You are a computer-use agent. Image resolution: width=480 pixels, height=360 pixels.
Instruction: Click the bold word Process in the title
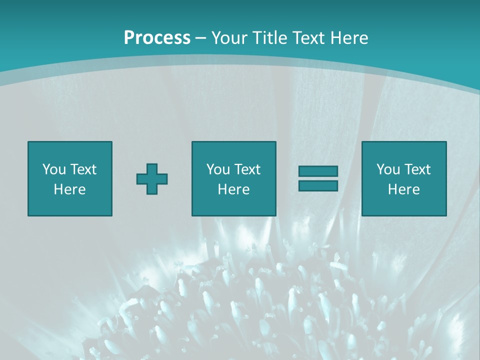coord(157,38)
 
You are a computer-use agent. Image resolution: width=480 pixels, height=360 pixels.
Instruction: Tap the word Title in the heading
coord(269,38)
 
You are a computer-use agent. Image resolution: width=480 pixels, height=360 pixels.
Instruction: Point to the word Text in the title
coord(309,38)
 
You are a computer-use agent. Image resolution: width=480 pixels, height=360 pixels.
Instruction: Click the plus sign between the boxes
coord(152,179)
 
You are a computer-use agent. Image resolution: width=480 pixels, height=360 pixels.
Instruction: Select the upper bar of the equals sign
coord(318,171)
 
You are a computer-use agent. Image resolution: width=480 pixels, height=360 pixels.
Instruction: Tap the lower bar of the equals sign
coord(318,185)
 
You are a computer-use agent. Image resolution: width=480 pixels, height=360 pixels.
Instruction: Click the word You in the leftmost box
coord(54,169)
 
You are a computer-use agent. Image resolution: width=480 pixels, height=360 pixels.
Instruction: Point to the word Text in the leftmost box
coord(83,169)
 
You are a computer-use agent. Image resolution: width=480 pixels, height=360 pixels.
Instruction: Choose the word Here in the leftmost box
coord(69,189)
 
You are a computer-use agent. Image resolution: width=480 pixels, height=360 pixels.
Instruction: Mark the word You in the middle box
coord(218,169)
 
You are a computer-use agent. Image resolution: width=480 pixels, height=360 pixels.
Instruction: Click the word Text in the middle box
coord(247,169)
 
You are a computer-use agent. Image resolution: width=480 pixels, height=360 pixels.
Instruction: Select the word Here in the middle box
coord(233,189)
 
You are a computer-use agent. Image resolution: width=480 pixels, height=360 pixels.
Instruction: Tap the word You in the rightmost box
coord(388,169)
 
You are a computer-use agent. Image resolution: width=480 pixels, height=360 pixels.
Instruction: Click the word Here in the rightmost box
coord(403,189)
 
